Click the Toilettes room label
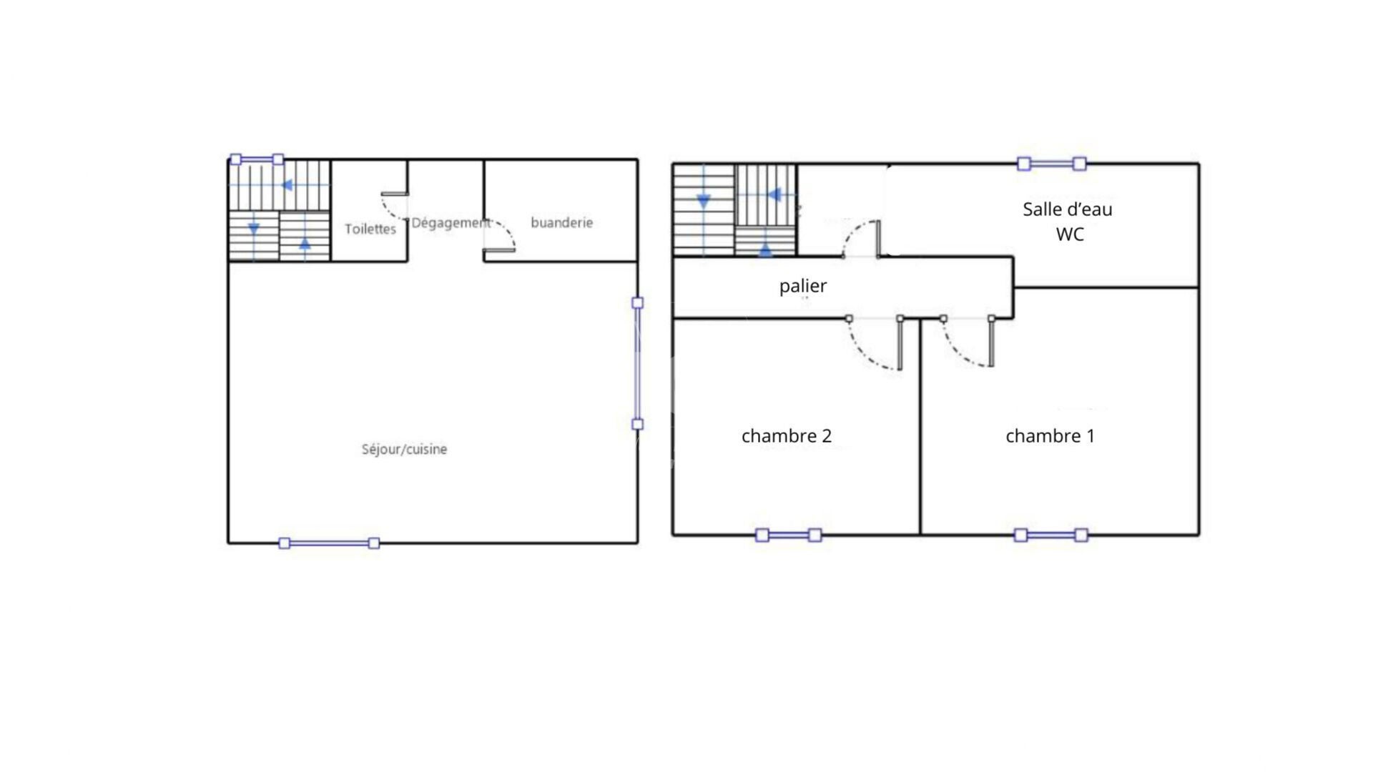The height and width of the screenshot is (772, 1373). tap(370, 229)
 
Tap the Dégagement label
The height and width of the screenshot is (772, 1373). tap(451, 223)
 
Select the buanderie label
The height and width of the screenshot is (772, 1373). tap(561, 222)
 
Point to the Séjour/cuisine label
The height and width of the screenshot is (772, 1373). tap(404, 450)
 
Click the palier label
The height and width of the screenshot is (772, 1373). tap(803, 286)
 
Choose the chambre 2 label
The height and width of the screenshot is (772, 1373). tap(787, 436)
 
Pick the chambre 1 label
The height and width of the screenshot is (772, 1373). tap(1050, 436)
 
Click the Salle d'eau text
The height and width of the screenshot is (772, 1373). tap(1068, 209)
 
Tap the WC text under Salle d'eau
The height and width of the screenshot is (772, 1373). tap(1070, 234)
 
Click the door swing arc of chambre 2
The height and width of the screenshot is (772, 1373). tap(864, 356)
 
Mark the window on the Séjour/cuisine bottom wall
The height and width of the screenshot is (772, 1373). tap(329, 543)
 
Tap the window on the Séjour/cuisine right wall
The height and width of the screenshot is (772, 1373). tap(637, 363)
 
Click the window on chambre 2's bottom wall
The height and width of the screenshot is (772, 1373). tap(789, 535)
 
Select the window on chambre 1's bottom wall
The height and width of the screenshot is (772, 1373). tap(1051, 535)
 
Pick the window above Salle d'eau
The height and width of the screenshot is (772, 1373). tap(1052, 164)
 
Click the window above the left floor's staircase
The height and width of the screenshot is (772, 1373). tap(257, 159)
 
